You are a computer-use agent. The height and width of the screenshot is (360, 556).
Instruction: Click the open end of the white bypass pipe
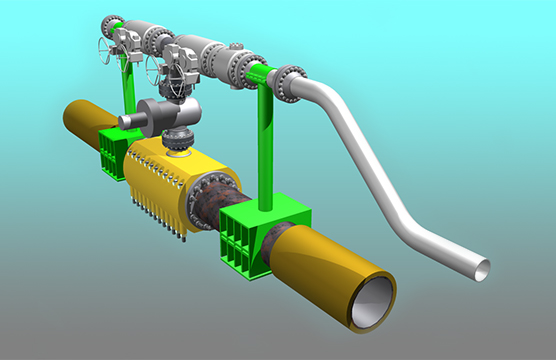482,268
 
